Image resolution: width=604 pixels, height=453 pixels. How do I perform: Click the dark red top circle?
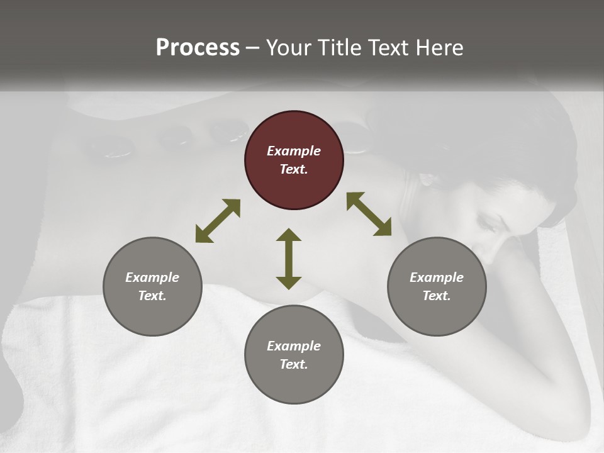(294, 160)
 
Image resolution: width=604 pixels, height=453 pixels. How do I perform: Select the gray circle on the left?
(152, 286)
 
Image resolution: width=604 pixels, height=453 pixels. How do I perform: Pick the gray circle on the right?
(437, 286)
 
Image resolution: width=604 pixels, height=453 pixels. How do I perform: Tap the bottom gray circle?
(294, 355)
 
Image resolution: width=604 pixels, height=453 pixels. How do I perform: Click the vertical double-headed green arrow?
(289, 259)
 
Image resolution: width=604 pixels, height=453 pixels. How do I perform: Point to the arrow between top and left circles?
(218, 221)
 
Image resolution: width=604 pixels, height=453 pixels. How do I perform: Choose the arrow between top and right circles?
(369, 214)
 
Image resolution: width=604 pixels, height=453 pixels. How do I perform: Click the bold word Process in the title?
(198, 48)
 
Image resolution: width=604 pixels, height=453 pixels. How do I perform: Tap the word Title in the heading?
(340, 48)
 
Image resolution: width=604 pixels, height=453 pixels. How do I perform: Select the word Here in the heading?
(440, 48)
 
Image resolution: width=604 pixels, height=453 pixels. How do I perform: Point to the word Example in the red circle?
(294, 151)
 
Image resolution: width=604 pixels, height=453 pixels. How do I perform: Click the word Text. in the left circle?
(152, 296)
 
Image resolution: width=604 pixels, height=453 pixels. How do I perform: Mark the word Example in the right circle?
(437, 277)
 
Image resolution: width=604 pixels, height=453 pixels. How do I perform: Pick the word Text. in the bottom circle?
(294, 364)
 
